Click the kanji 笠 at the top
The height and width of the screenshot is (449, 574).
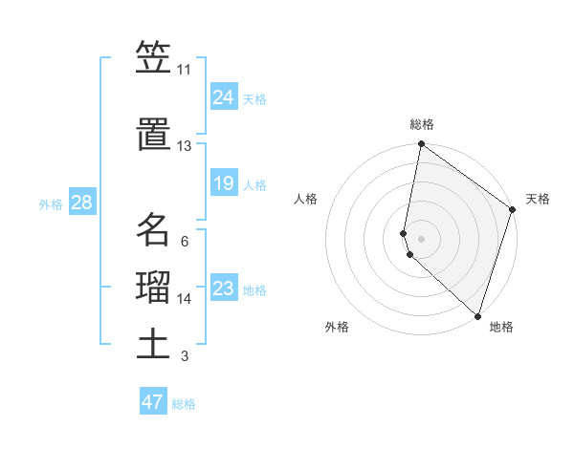tap(154, 58)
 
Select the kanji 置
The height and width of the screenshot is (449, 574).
tap(154, 134)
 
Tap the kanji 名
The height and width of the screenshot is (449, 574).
tap(154, 229)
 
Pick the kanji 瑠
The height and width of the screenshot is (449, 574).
tap(154, 288)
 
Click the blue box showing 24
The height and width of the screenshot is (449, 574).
tap(223, 96)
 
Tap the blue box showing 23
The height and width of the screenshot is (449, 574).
tap(223, 288)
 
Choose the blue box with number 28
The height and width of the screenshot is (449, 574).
tap(81, 203)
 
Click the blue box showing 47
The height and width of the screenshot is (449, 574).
tap(153, 402)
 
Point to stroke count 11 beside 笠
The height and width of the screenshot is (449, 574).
tap(184, 70)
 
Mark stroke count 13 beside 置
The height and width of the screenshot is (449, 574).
tap(184, 146)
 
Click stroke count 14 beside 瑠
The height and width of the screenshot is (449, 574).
tap(184, 299)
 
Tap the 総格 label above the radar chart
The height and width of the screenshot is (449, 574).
tap(422, 124)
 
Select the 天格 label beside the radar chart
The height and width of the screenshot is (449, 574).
tap(538, 199)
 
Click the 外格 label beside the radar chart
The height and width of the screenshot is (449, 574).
tap(337, 327)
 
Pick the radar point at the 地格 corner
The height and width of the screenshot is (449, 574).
tap(477, 316)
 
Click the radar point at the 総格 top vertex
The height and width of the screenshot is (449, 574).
tap(421, 144)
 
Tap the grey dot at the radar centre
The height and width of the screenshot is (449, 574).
tap(421, 238)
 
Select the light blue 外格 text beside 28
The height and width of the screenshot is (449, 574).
tap(51, 203)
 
